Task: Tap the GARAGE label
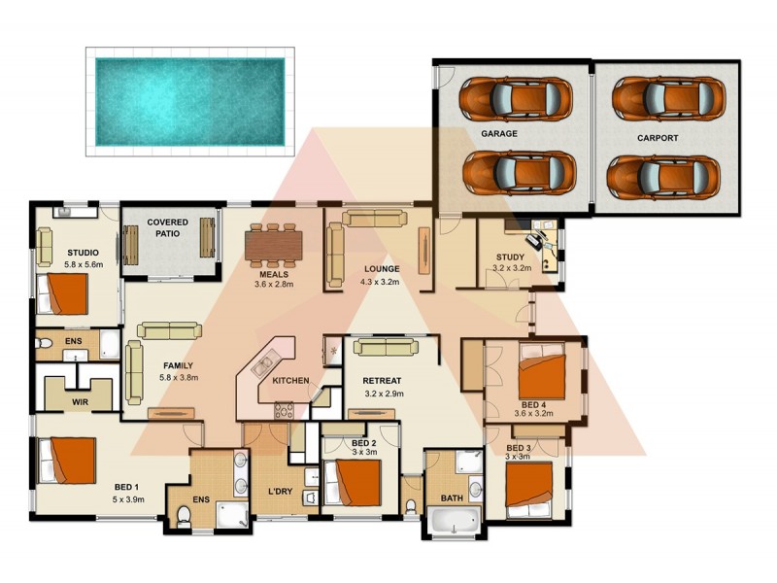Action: [x=498, y=133]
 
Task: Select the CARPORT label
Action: [x=658, y=138]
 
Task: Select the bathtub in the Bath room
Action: [x=455, y=523]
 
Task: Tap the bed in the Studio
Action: [x=63, y=292]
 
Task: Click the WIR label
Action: [x=81, y=399]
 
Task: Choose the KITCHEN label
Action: [x=290, y=380]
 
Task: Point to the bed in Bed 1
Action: [x=68, y=462]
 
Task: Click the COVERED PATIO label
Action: [x=167, y=228]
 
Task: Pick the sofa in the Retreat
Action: [x=386, y=347]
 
